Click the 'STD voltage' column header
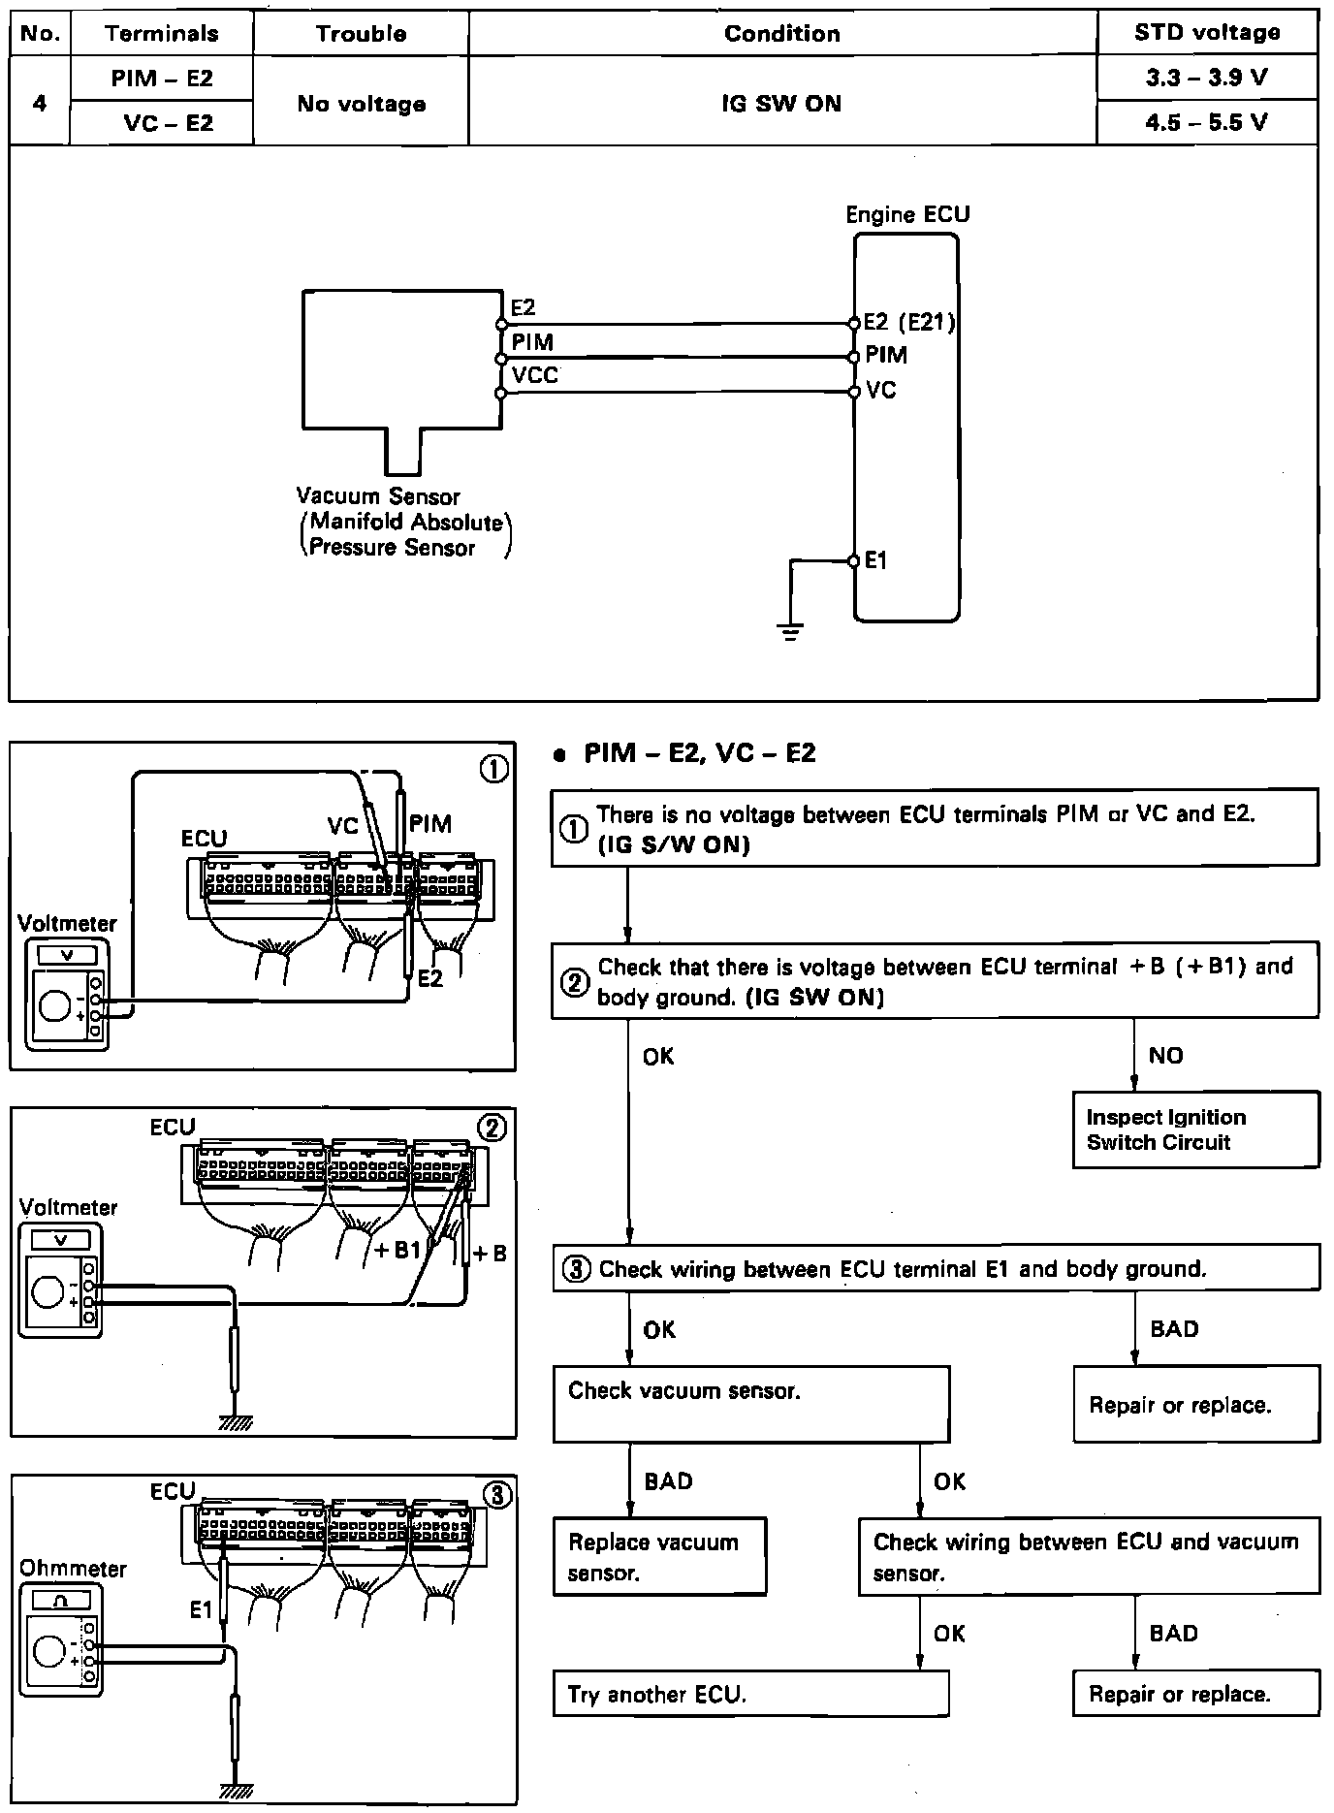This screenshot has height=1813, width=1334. click(1206, 33)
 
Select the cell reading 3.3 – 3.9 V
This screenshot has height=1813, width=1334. click(1206, 78)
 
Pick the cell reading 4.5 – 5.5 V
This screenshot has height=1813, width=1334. click(1206, 122)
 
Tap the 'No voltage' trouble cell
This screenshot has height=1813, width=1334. click(361, 104)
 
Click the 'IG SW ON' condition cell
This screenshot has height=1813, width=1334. click(781, 104)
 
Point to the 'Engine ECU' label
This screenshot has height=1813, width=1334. click(907, 214)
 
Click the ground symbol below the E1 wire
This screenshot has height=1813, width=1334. click(791, 633)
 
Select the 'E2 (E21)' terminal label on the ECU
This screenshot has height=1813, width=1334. click(909, 323)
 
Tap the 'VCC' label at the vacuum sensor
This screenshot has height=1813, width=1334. click(535, 375)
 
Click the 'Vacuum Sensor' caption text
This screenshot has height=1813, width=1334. click(378, 496)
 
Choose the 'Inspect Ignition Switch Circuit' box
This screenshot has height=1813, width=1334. click(1195, 1129)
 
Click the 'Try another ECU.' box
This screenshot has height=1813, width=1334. click(750, 1694)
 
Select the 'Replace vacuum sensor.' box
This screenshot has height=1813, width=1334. click(659, 1556)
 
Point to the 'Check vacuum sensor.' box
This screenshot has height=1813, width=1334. click(750, 1403)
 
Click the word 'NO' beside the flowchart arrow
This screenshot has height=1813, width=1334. click(1165, 1056)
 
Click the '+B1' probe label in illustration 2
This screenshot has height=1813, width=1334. click(397, 1250)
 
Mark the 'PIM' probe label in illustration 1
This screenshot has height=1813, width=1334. click(430, 824)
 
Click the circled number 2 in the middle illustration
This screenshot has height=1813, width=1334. click(492, 1128)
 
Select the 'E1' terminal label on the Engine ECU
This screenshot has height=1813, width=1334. click(875, 560)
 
